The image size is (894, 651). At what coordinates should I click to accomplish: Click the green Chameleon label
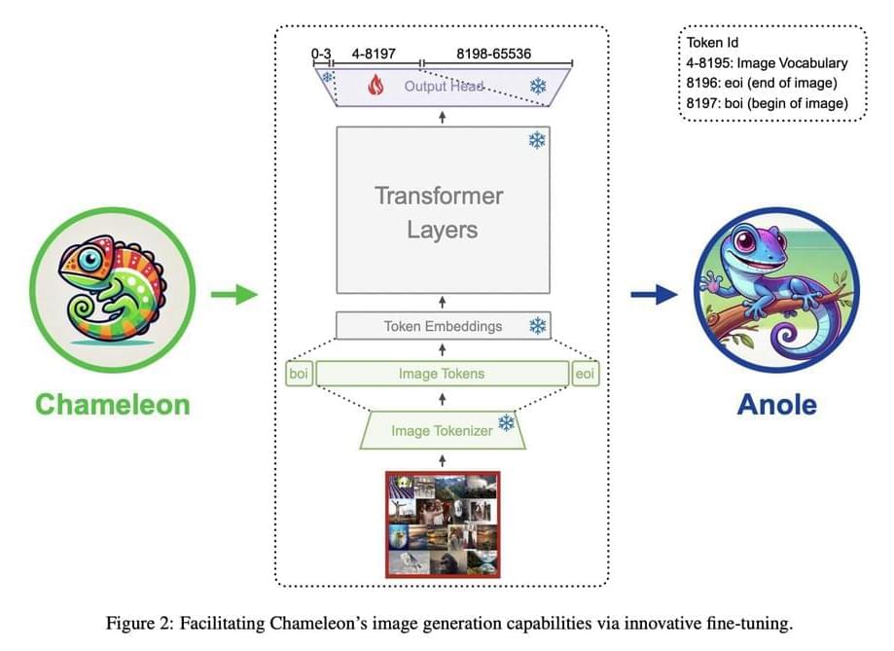(x=112, y=404)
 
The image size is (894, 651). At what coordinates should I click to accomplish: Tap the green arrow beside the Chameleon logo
(x=233, y=292)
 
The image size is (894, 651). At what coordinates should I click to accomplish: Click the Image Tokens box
(x=442, y=374)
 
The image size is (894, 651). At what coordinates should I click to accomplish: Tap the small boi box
(x=299, y=374)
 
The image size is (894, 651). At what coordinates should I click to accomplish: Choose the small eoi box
(x=585, y=374)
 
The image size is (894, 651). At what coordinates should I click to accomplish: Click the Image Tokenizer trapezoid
(x=443, y=430)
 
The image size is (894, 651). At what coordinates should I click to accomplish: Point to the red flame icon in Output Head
(x=376, y=87)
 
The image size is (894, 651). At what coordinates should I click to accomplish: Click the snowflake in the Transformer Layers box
(x=536, y=141)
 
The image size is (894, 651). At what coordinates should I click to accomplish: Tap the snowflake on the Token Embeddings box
(x=536, y=326)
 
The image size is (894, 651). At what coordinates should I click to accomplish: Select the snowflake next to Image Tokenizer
(x=506, y=423)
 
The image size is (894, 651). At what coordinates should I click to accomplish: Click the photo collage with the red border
(x=443, y=524)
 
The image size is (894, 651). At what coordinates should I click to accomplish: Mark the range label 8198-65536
(x=493, y=54)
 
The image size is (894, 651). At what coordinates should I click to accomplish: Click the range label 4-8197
(x=374, y=54)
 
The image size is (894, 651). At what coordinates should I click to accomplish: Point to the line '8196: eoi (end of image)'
(x=759, y=84)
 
